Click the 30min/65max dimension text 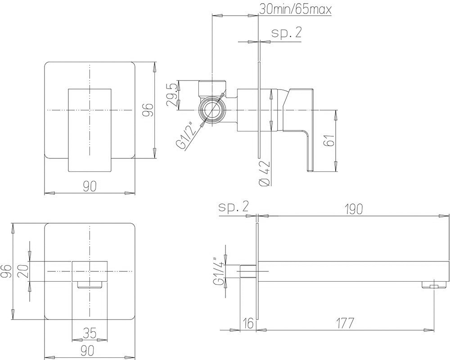point(295,9)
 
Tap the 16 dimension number point(248,323)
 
